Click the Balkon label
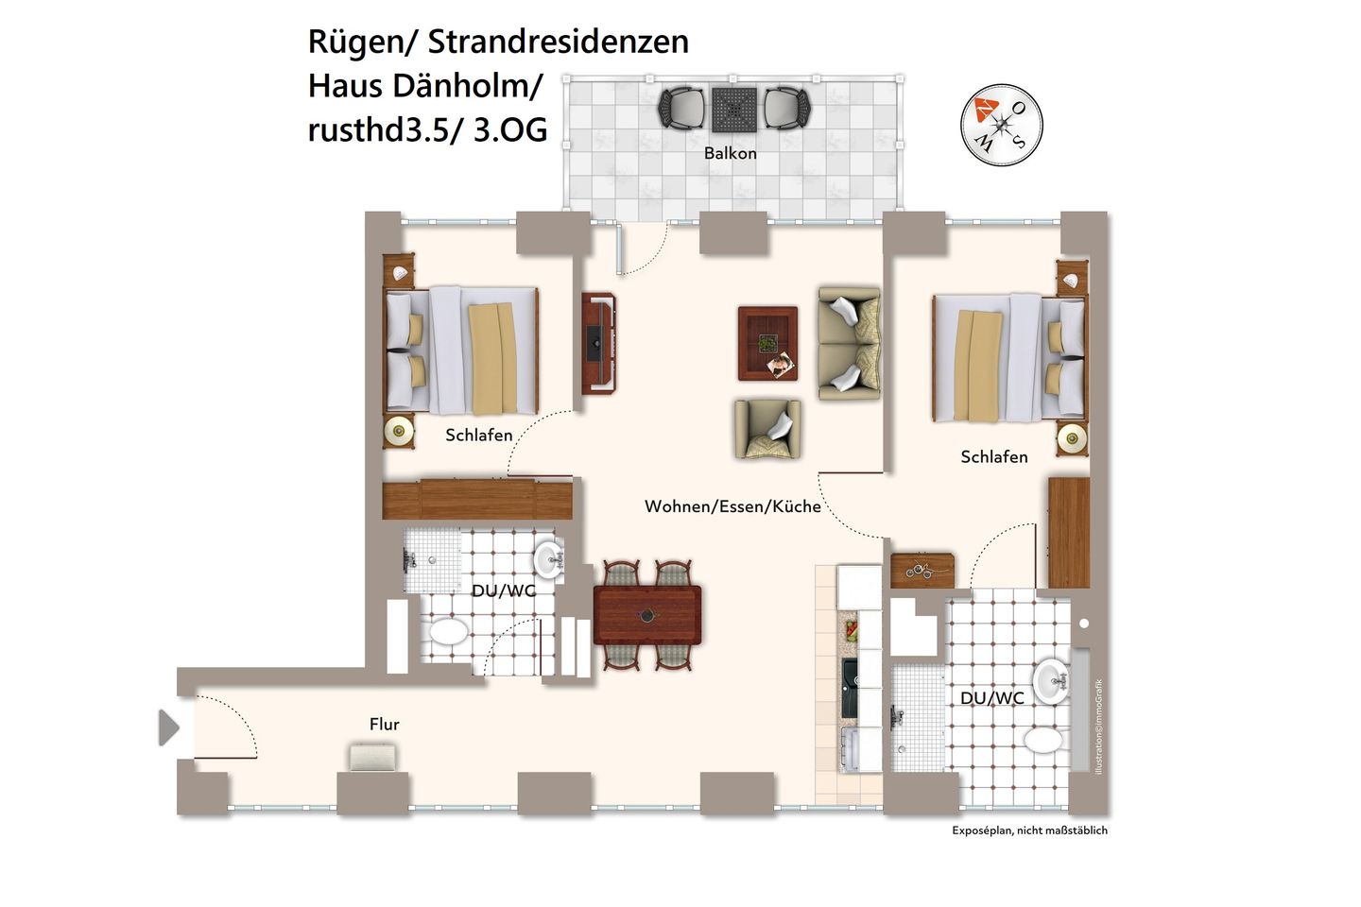coord(730,153)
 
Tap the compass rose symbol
coord(1001,125)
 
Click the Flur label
coord(384,725)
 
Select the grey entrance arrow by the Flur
coord(169,727)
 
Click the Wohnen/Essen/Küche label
coord(732,506)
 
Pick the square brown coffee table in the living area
coord(767,343)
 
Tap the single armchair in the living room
coord(767,428)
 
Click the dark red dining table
coord(647,614)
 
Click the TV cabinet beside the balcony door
coord(598,342)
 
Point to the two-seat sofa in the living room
coord(849,344)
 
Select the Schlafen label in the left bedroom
coord(479,436)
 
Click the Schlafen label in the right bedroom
coord(993,457)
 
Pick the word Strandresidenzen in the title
coord(558,42)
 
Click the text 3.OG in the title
coord(510,129)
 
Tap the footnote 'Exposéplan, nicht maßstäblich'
coord(1029,830)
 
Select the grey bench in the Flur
coord(373,758)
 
